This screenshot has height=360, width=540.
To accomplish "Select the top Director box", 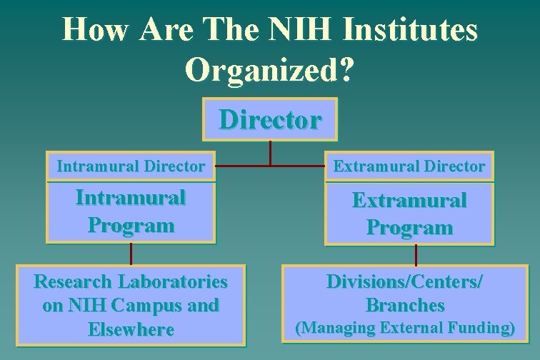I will tap(270, 119).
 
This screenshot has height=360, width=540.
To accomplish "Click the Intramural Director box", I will tap(131, 166).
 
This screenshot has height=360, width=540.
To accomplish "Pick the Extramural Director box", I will tap(409, 166).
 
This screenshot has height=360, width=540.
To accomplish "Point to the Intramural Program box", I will tap(131, 211).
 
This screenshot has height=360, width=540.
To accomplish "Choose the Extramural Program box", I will tap(409, 213).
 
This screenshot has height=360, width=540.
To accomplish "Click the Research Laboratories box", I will tap(131, 305).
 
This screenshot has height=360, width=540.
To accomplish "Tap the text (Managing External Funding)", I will tap(405, 329).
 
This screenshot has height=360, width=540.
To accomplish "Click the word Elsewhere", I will tap(131, 329).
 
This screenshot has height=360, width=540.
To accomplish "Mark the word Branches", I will tap(405, 306).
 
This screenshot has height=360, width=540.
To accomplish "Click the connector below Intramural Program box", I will tap(131, 254).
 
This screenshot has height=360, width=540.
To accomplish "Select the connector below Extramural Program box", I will tap(416, 255).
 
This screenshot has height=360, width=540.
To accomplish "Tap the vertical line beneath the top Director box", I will tap(270, 152).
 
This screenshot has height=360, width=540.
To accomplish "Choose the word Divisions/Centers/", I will tap(405, 281).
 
